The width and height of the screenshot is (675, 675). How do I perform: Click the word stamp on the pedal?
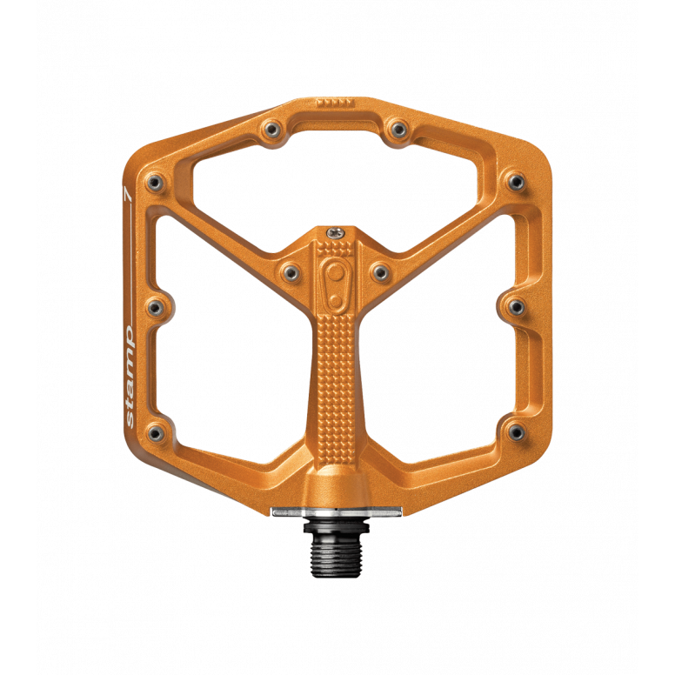(x=130, y=373)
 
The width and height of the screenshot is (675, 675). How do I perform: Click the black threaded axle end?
(x=334, y=545)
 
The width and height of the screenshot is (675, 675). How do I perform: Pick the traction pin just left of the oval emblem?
(x=287, y=271)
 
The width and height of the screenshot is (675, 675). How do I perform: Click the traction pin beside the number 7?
(x=156, y=182)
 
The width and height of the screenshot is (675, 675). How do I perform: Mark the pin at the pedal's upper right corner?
(x=515, y=182)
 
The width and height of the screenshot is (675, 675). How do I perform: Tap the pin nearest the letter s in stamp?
(x=156, y=431)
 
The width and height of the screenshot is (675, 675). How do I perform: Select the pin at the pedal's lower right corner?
(x=515, y=431)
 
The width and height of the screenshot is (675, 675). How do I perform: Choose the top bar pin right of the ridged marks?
(x=398, y=130)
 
